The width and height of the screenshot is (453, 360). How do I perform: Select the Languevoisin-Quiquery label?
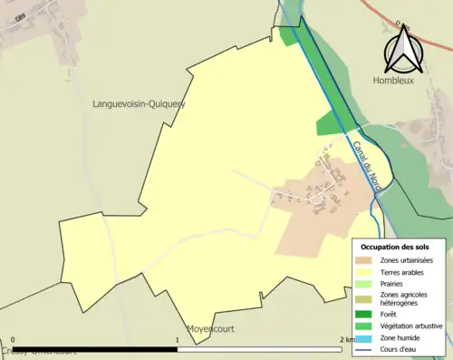[139, 104]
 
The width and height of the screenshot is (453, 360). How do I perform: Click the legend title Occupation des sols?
[395, 247]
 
